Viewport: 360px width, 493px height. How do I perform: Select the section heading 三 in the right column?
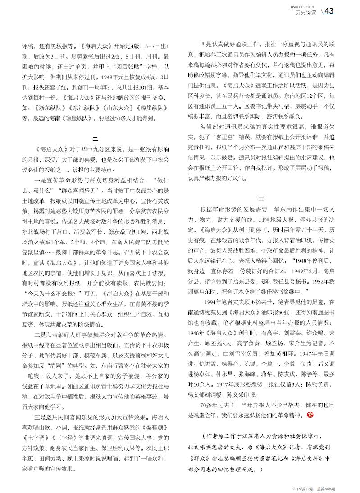click(x=260, y=199)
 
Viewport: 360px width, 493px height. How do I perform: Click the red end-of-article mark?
click(x=309, y=414)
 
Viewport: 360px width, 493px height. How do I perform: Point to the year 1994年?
click(x=215, y=300)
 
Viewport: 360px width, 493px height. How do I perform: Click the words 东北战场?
click(x=36, y=231)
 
